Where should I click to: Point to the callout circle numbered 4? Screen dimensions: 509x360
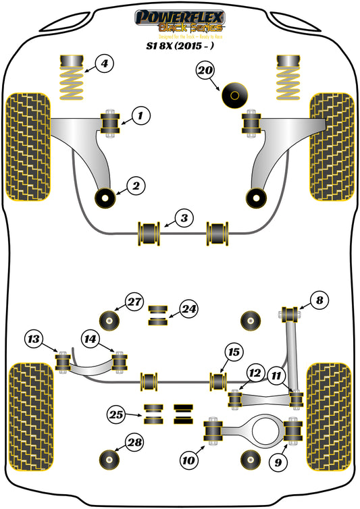(x=103, y=65)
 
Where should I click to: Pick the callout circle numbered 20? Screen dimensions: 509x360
(x=205, y=70)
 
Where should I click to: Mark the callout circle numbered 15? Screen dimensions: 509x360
(x=233, y=352)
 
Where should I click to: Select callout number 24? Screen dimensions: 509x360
(x=188, y=310)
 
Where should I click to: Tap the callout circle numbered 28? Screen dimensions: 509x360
(x=134, y=444)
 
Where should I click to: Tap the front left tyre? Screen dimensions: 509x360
(x=28, y=148)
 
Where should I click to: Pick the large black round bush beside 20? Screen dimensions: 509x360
(x=234, y=95)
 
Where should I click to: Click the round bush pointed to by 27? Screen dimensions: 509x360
(x=109, y=318)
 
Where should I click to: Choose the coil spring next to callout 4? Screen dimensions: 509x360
(x=71, y=78)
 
